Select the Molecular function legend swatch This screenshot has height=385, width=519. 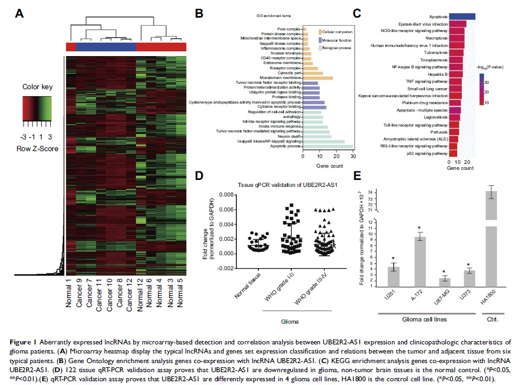click(x=319, y=40)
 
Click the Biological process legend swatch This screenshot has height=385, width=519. click(x=319, y=48)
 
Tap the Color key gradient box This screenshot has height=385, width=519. click(x=37, y=109)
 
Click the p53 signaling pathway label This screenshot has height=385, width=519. click(x=420, y=153)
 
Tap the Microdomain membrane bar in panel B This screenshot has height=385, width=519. click(x=318, y=78)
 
